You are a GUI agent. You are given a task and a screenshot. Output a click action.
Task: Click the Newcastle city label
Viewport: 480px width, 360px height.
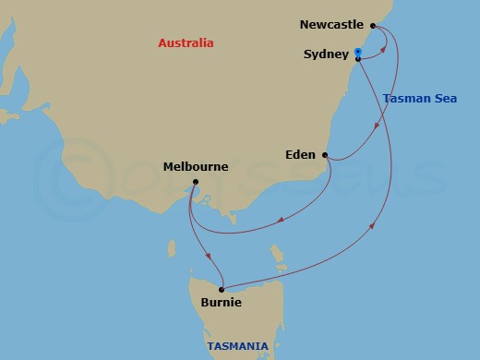332,25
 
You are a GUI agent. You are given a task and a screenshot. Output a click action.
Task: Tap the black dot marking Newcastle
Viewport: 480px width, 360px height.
373,26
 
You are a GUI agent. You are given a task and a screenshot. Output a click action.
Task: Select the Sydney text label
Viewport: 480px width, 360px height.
325,54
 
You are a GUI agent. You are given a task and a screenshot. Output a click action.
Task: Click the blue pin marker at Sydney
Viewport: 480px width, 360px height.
357,53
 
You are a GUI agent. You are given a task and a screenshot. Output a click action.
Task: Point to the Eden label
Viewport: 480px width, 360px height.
300,155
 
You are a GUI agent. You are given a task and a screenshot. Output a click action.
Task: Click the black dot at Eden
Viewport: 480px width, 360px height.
325,155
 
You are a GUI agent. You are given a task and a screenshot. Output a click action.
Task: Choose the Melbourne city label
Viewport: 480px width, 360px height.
196,167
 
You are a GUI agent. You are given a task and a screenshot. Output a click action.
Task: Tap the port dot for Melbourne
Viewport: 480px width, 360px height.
196,183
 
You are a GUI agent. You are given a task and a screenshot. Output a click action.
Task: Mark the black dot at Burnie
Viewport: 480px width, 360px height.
222,289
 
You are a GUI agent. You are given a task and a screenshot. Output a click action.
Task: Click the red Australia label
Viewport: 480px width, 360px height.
186,43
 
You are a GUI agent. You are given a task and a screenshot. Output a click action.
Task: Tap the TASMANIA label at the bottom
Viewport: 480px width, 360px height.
238,347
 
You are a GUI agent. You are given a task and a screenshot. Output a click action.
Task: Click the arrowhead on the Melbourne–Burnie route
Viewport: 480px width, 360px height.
210,256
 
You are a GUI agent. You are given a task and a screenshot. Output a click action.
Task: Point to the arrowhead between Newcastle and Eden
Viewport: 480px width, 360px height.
375,128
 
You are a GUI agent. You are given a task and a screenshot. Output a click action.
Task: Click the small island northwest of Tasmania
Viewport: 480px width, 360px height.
172,247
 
